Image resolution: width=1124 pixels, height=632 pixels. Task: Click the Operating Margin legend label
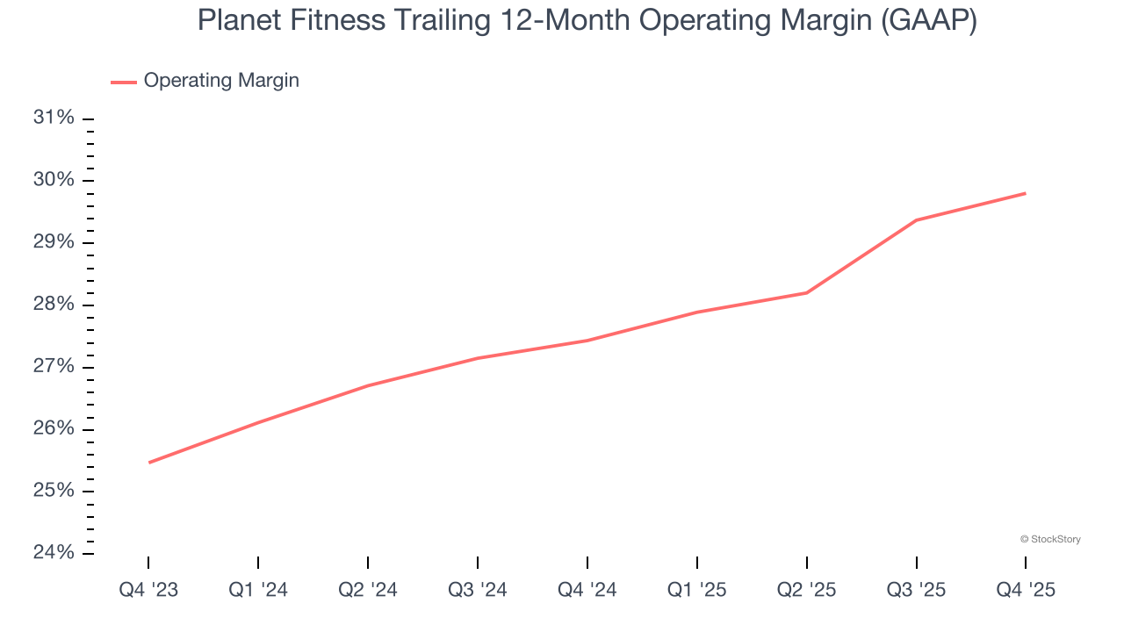click(221, 81)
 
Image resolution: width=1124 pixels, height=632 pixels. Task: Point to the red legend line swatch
click(123, 82)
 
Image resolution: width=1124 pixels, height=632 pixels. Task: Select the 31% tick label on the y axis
click(54, 118)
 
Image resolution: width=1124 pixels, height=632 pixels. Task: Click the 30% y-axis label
click(54, 180)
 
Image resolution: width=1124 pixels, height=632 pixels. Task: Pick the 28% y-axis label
click(54, 305)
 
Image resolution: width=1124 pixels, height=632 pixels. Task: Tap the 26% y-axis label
click(54, 428)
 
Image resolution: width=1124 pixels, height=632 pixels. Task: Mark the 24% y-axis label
click(54, 552)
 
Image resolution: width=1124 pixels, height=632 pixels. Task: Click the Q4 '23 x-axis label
click(148, 590)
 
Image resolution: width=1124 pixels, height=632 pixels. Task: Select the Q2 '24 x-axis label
click(368, 590)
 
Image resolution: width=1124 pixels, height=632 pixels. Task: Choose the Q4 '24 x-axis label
click(587, 590)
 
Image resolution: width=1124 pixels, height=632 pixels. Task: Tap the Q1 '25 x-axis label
click(697, 590)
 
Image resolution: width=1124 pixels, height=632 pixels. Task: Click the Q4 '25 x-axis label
click(1026, 590)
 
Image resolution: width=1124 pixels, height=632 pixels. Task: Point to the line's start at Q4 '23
click(149, 463)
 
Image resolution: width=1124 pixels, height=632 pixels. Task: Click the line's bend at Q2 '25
click(807, 292)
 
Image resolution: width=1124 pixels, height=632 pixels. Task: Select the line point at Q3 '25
click(917, 219)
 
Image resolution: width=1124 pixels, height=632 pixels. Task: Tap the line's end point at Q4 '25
click(1026, 193)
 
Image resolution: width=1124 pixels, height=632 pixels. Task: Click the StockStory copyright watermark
click(1050, 539)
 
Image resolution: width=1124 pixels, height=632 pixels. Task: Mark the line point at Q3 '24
click(478, 358)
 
